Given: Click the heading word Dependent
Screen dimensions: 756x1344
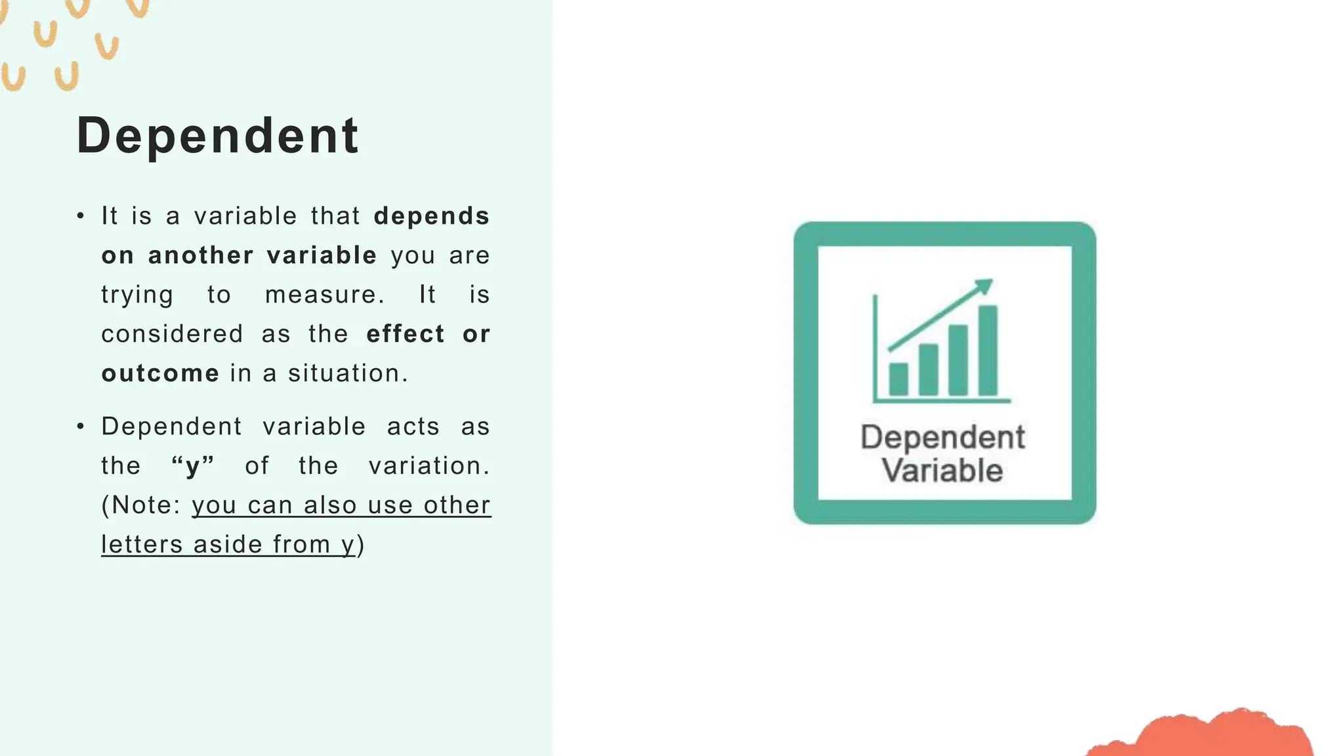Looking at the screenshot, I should [217, 135].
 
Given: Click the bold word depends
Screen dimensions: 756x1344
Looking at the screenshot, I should [431, 216].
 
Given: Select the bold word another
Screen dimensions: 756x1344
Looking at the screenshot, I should [200, 255].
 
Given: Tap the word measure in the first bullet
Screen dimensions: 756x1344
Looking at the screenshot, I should [324, 295].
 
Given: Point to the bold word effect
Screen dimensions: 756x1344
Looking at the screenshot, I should [406, 334].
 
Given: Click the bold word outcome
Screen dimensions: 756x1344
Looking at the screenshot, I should [160, 373].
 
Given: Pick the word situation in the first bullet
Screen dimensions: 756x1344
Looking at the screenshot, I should [348, 373].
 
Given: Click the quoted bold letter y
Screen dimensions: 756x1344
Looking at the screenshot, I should [192, 467].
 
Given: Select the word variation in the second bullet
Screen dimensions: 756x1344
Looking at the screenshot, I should [429, 466].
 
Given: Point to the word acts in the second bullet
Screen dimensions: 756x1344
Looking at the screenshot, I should [413, 427].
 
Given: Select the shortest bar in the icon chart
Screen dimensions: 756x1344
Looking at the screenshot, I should [898, 379].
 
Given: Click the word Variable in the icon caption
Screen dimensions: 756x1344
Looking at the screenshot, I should [942, 471].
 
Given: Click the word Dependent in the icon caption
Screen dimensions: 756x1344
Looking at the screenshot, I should [942, 437].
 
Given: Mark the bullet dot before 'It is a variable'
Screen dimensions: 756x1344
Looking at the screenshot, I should [81, 216].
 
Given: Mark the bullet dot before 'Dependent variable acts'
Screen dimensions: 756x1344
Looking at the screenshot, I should [81, 427].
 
